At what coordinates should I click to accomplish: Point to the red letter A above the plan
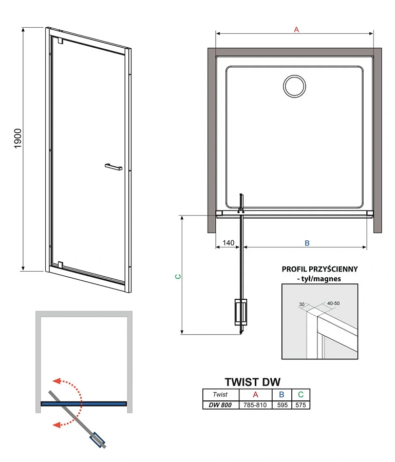(296, 30)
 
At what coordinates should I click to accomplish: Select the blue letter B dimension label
(307, 243)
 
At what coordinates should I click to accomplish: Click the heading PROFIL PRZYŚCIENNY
(319, 269)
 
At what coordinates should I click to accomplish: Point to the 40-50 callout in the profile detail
(333, 303)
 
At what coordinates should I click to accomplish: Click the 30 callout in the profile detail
(302, 304)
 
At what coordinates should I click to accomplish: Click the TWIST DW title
(253, 382)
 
